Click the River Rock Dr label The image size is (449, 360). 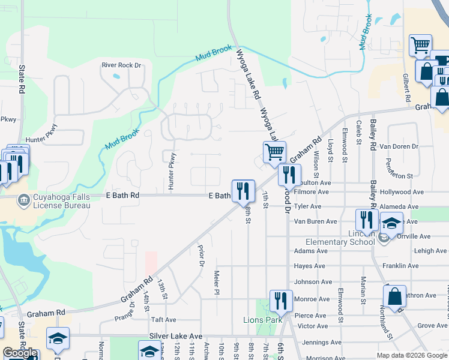(x=121, y=65)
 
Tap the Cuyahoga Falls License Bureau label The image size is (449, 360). (x=61, y=201)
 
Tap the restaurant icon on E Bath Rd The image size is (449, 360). (x=243, y=191)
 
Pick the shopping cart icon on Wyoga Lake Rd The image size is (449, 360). (x=274, y=152)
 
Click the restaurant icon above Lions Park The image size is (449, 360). (x=280, y=300)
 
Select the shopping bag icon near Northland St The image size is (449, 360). (x=394, y=296)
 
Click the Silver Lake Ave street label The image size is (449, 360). (x=176, y=337)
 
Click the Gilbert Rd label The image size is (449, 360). (x=406, y=88)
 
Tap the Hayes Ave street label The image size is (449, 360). (x=309, y=266)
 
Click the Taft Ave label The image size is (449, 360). (x=163, y=320)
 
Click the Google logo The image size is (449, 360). (x=20, y=353)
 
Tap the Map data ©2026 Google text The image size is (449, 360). (x=411, y=355)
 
